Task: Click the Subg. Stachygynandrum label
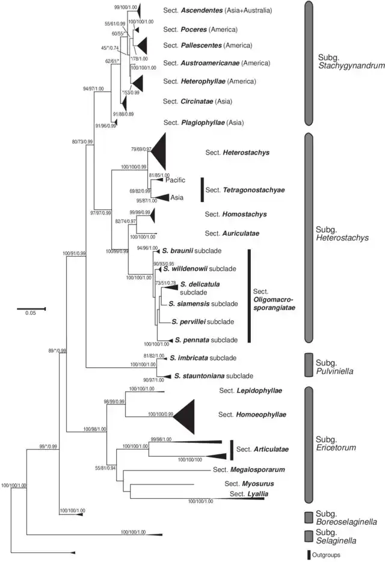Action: tap(351, 63)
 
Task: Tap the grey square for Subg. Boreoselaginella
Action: tap(309, 518)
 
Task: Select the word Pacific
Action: tap(176, 180)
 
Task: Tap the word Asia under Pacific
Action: tap(177, 197)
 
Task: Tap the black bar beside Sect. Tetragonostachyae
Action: tap(202, 189)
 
